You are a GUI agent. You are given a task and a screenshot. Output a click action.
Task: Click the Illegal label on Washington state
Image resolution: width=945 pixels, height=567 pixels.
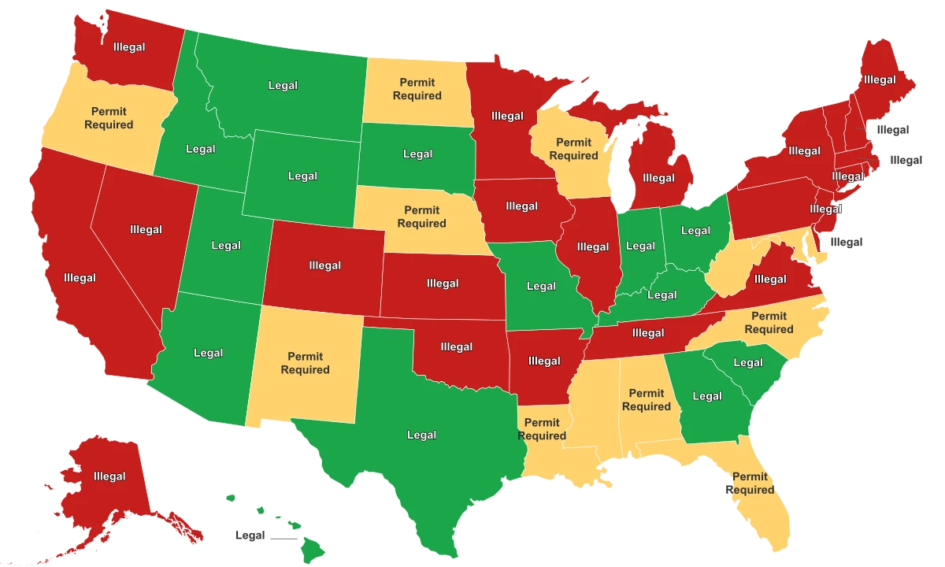(x=128, y=47)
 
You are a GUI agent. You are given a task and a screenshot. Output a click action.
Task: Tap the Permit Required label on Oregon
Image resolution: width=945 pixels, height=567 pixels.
(x=109, y=118)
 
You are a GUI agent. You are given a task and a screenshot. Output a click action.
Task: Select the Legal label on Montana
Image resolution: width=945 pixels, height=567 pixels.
(x=283, y=85)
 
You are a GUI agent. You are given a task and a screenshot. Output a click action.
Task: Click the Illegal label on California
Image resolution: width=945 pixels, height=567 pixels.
(x=80, y=278)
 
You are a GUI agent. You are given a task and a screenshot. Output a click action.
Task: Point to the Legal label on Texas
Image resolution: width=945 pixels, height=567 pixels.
(x=421, y=435)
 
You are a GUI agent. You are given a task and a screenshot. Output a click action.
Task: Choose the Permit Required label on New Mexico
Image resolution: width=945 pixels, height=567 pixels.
(x=305, y=363)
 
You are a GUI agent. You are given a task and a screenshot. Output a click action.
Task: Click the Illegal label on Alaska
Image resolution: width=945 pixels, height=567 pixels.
(x=109, y=476)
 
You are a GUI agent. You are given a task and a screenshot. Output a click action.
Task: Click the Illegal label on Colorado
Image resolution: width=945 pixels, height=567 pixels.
(x=325, y=265)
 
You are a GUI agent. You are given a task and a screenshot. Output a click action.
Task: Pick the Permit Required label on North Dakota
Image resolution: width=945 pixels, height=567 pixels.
(x=417, y=89)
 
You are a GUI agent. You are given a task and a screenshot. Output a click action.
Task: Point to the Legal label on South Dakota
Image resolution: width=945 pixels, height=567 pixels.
(x=417, y=154)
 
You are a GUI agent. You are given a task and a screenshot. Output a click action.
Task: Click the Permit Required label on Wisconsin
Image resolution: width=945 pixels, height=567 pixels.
(x=573, y=149)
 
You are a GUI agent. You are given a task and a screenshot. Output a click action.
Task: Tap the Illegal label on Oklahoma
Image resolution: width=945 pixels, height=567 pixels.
(x=457, y=346)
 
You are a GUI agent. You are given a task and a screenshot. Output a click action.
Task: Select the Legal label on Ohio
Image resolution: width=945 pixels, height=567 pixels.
(x=695, y=231)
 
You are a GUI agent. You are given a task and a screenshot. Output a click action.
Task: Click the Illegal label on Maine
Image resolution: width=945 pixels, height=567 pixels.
(x=879, y=80)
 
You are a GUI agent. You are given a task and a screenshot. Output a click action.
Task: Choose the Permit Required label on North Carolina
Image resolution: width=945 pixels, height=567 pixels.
(x=769, y=323)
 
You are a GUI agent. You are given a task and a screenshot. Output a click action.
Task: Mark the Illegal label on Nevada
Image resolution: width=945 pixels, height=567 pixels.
(x=146, y=230)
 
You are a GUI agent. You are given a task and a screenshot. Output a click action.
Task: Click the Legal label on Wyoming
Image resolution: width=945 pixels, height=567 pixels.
(x=302, y=176)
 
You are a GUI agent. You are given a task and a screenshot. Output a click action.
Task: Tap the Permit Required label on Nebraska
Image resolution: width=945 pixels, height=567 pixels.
(x=421, y=217)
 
